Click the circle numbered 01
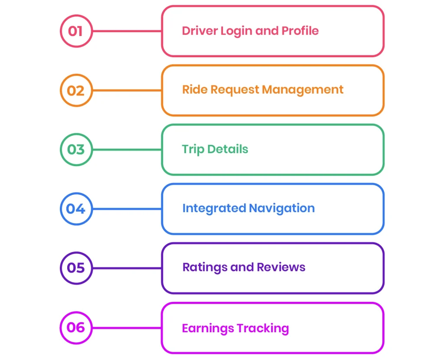[76, 31]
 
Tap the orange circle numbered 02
[76, 91]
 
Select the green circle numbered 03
[76, 150]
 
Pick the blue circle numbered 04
[76, 209]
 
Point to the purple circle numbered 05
[76, 268]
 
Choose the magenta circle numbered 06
[76, 327]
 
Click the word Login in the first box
[235, 31]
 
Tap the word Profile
[300, 31]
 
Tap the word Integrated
[214, 208]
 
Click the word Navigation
[282, 208]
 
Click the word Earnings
[208, 328]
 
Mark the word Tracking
[263, 328]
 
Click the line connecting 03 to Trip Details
[127, 150]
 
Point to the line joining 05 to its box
[127, 268]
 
